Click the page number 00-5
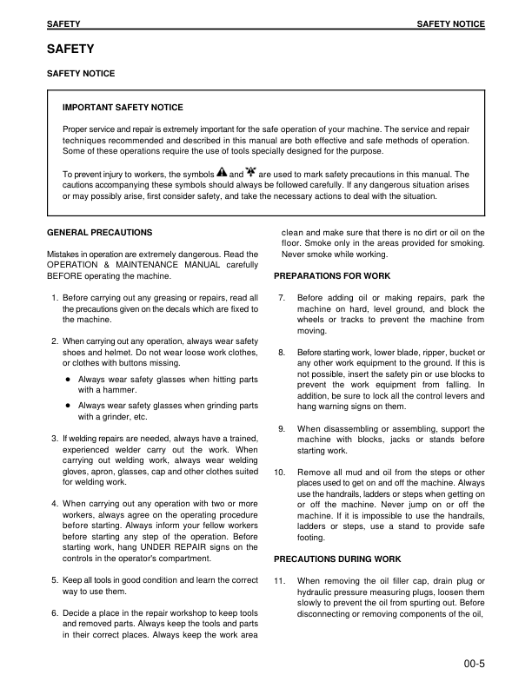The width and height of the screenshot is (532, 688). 474,666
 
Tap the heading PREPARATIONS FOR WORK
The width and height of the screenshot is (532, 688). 332,276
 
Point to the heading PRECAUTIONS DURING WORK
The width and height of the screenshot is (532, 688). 337,559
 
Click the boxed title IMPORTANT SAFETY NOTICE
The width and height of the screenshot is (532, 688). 123,108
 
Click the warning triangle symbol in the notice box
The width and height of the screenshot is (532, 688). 221,173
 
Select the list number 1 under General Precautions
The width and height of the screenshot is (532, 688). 55,298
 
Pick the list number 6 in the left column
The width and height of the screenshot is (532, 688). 55,613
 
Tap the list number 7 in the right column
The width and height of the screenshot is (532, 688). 281,298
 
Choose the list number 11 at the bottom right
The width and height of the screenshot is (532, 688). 279,580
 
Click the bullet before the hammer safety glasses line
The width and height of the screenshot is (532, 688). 67,380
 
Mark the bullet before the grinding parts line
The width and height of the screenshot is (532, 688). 67,406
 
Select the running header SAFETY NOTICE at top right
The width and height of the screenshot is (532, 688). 450,24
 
